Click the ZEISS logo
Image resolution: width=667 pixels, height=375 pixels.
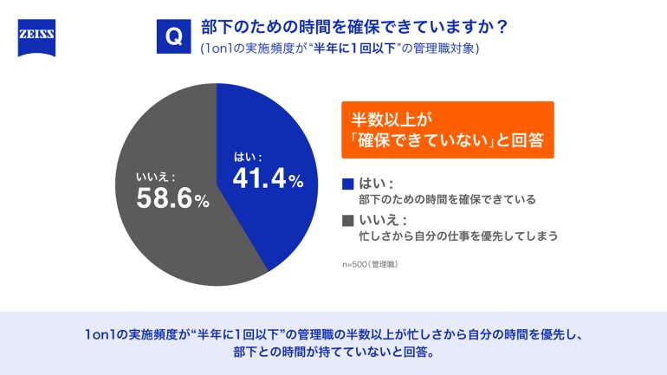tap(36, 38)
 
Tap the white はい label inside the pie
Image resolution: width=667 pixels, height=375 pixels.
tap(248, 157)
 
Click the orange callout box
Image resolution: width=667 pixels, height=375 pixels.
tap(447, 130)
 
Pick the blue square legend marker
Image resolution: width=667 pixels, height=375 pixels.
tap(348, 183)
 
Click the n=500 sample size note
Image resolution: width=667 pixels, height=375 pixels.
tap(371, 262)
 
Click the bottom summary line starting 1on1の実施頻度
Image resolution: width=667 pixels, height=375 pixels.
tap(333, 333)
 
